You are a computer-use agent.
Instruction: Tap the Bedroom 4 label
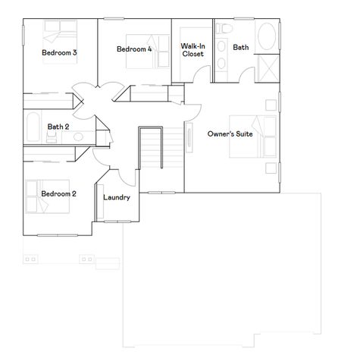coord(134,49)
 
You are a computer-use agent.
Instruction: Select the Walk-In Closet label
coord(192,50)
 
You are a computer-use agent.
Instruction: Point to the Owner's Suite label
coord(230,133)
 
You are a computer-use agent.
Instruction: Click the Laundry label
coord(116,197)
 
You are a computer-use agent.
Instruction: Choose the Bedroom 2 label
coord(58,193)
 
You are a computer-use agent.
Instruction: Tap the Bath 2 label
coord(58,127)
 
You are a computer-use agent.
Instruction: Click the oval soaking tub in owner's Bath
coord(267,37)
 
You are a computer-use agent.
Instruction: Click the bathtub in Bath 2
coord(33,126)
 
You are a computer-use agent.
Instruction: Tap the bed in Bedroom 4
coord(136,56)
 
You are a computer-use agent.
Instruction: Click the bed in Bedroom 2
coord(37,198)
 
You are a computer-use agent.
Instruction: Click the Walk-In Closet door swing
coord(199,75)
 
